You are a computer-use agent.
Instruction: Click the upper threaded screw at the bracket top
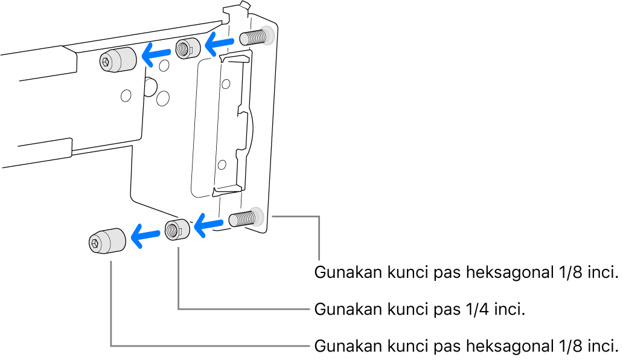pyautogui.click(x=255, y=37)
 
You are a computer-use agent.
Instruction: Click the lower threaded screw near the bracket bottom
pyautogui.click(x=245, y=217)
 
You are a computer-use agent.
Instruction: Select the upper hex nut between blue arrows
pyautogui.click(x=188, y=48)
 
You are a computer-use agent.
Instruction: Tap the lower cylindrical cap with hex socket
pyautogui.click(x=107, y=241)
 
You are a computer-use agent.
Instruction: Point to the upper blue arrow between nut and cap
pyautogui.click(x=156, y=55)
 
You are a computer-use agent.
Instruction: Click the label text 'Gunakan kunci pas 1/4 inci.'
pyautogui.click(x=418, y=310)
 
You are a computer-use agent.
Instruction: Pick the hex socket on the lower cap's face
pyautogui.click(x=95, y=243)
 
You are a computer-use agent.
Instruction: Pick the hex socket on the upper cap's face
pyautogui.click(x=106, y=61)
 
